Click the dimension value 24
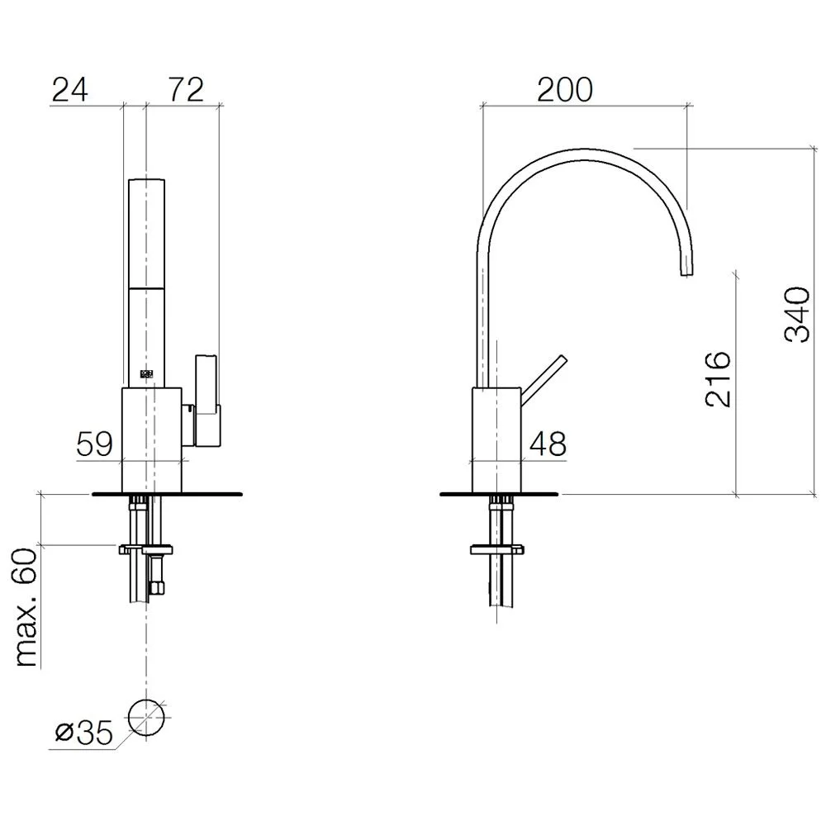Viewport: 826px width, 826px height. [x=69, y=89]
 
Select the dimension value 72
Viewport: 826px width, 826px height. [x=185, y=89]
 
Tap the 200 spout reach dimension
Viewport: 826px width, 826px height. [x=565, y=89]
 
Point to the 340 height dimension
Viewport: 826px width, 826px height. [x=795, y=315]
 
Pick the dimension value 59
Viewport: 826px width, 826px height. [x=94, y=444]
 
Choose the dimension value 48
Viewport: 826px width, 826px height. [x=548, y=444]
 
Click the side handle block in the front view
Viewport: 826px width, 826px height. [x=206, y=396]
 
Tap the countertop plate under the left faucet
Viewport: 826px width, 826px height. [x=169, y=494]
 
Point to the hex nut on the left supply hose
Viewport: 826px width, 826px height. [x=154, y=587]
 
